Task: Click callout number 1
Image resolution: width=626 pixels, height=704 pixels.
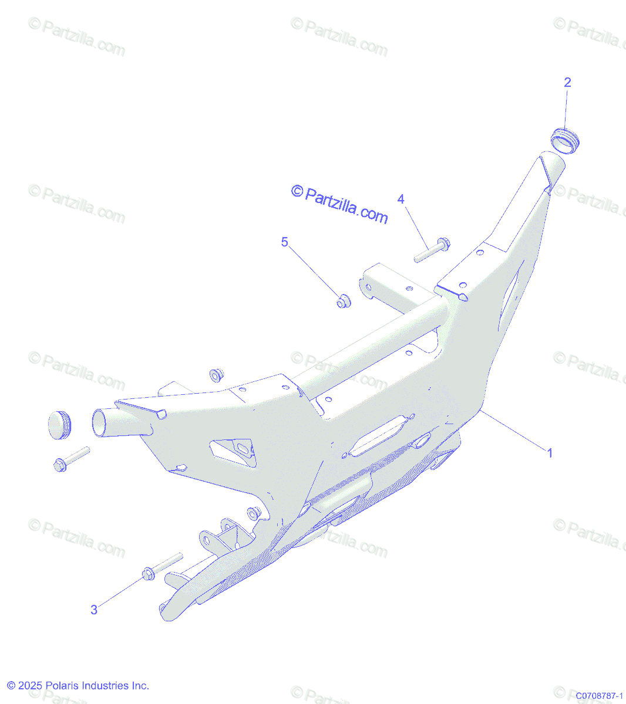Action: click(550, 453)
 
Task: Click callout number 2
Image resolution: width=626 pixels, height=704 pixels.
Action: click(567, 83)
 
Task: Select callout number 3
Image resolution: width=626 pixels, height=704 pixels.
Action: click(94, 610)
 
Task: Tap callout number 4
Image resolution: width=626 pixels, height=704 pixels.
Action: click(400, 199)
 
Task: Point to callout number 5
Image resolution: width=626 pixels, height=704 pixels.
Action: click(285, 242)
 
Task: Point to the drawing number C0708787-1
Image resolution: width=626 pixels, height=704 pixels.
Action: click(598, 696)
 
